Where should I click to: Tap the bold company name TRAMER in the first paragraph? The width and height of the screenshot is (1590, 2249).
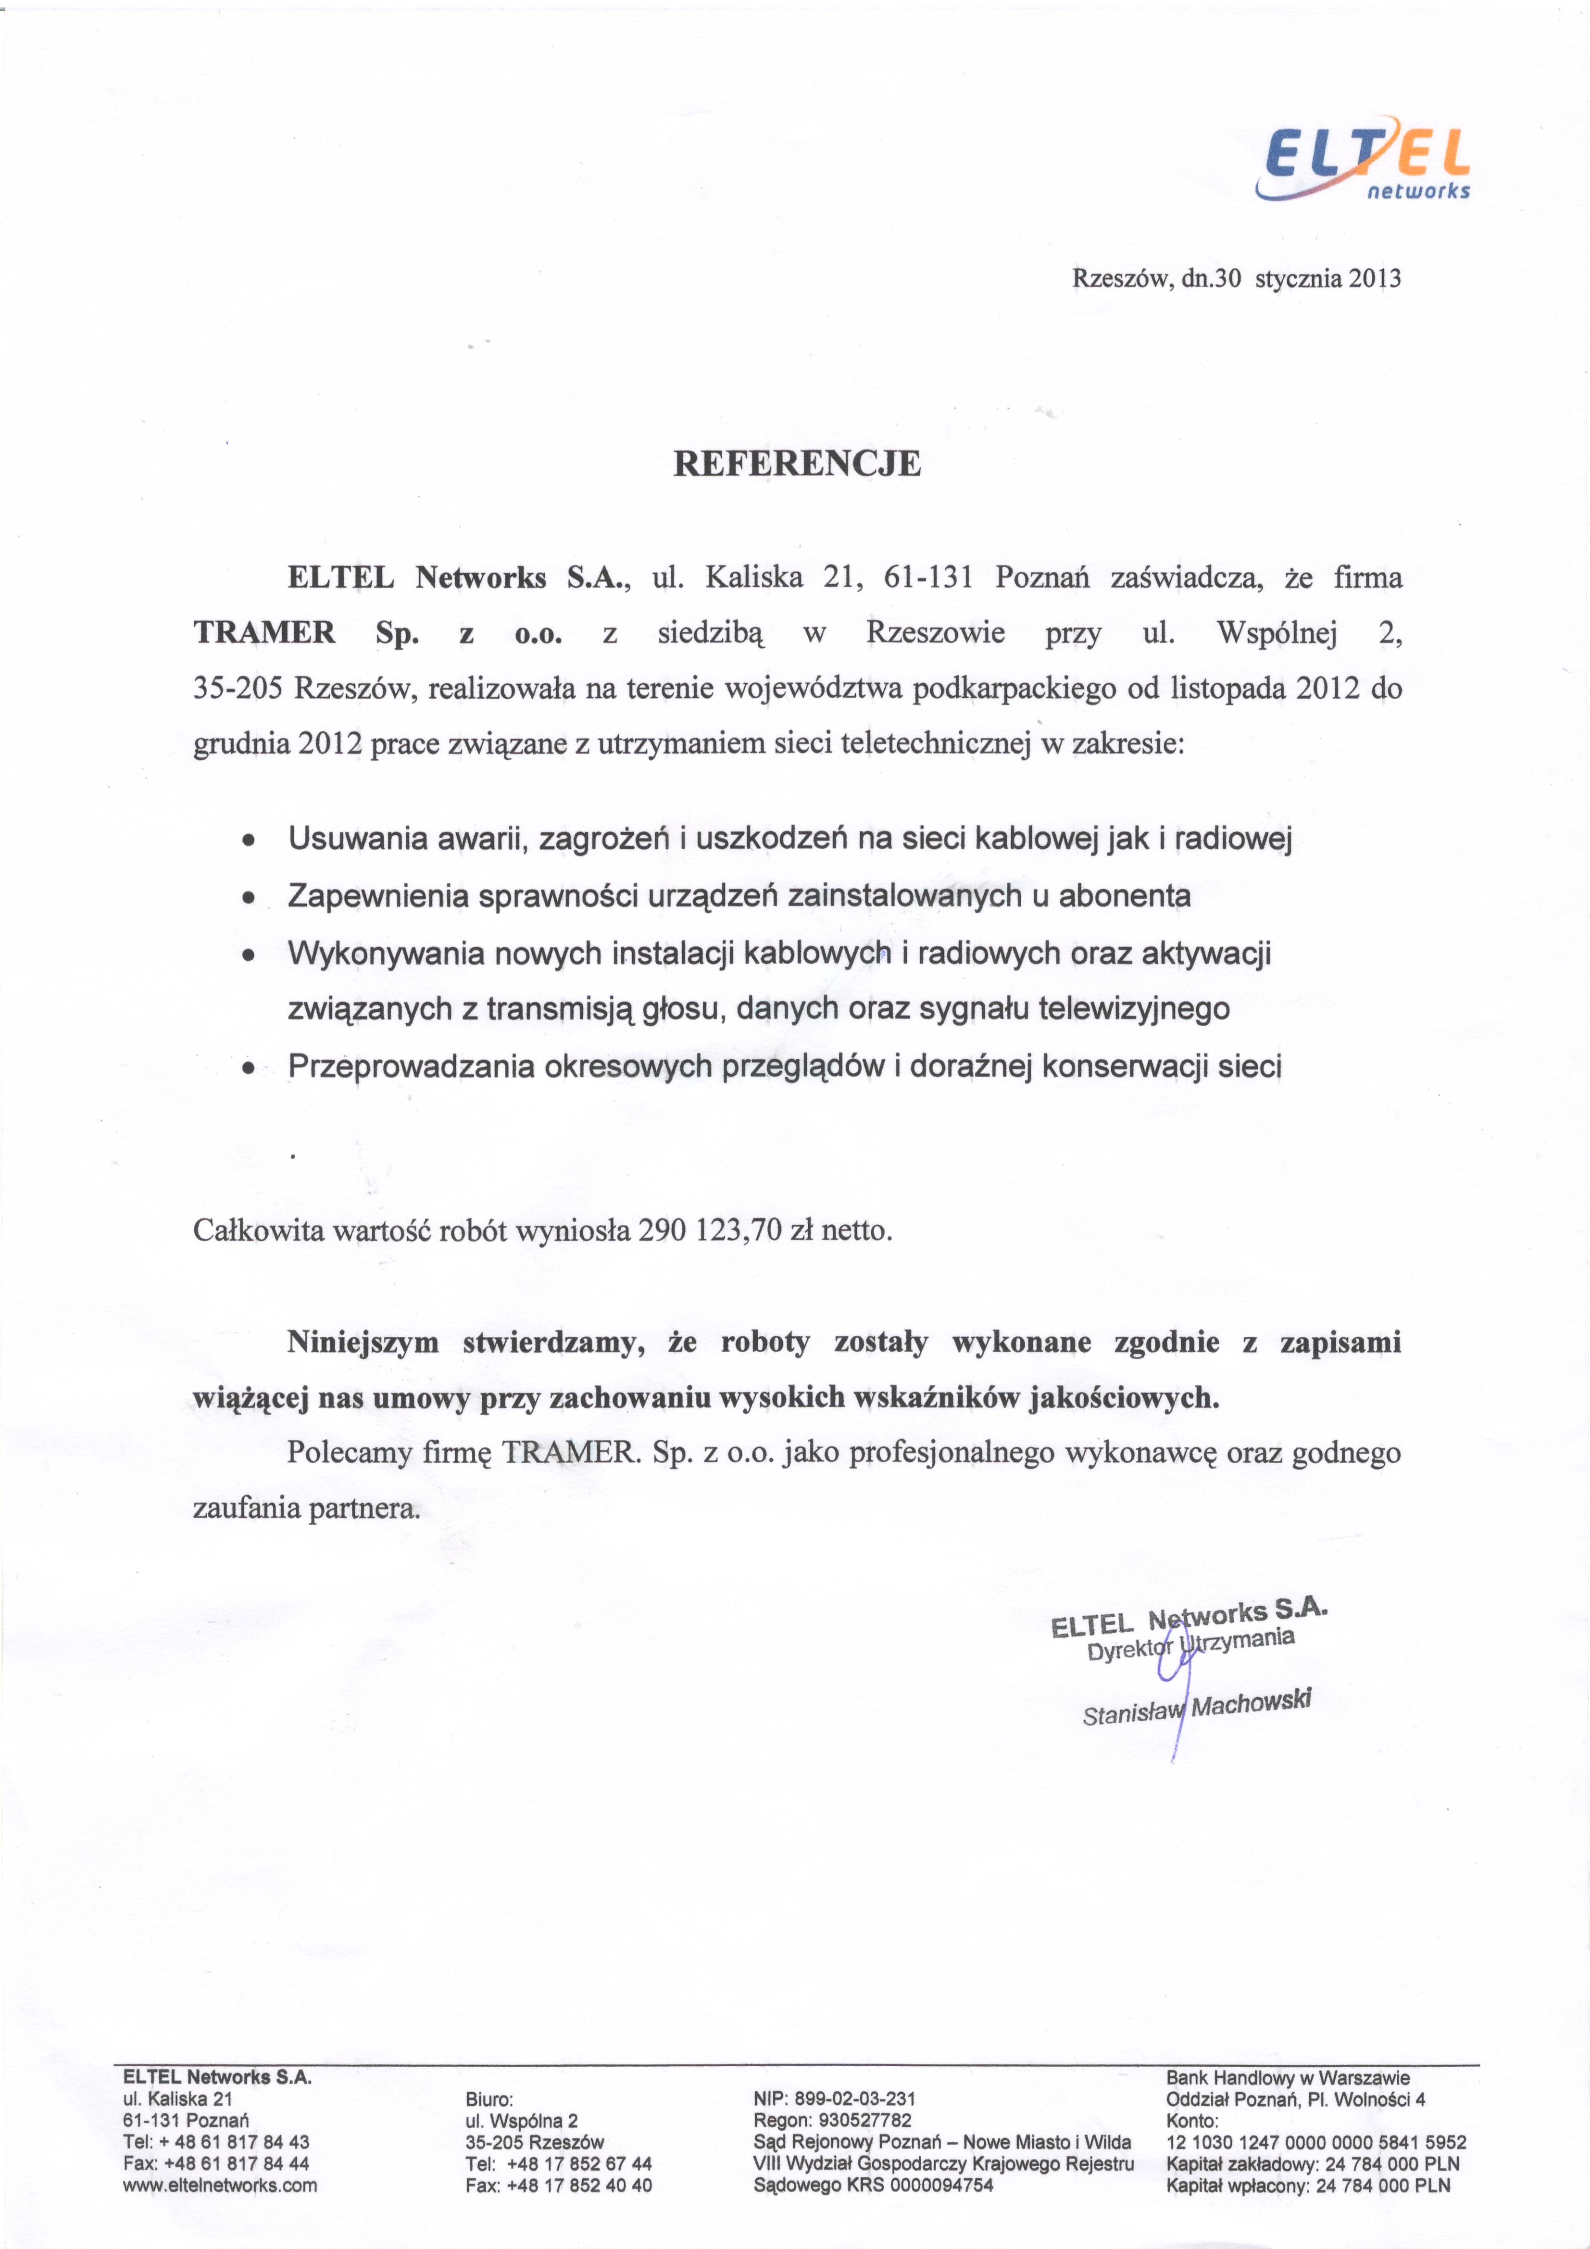click(x=264, y=633)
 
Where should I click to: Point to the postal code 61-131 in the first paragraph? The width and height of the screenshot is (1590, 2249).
click(x=927, y=578)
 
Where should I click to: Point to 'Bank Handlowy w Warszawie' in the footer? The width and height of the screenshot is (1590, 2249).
click(x=1287, y=2078)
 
